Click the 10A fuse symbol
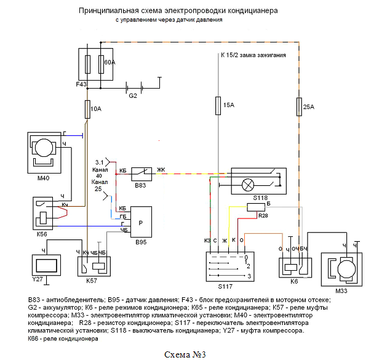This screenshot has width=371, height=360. (x=87, y=110)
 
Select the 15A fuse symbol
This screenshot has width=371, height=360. (x=218, y=106)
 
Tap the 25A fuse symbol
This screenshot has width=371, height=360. (x=299, y=107)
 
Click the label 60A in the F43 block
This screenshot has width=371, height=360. (x=110, y=62)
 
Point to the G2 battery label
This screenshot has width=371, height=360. (x=133, y=95)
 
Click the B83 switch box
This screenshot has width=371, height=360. (x=142, y=174)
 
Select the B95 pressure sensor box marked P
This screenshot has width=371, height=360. (x=141, y=222)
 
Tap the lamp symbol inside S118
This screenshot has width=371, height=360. (x=248, y=185)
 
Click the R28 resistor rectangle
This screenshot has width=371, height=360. (x=256, y=207)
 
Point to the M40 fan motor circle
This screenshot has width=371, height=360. (x=44, y=148)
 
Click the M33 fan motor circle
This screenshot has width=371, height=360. (x=346, y=269)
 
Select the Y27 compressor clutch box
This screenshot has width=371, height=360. (x=46, y=265)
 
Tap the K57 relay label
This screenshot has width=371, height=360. (x=92, y=281)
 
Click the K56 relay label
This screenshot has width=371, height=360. (x=42, y=234)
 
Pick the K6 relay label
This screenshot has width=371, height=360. (x=294, y=281)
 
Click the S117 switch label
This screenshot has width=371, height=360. (x=225, y=286)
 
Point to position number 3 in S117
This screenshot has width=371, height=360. (x=249, y=276)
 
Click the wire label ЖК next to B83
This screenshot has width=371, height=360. (x=161, y=170)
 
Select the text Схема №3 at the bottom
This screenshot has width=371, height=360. (x=185, y=354)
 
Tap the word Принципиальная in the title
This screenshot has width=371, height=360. (x=109, y=11)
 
